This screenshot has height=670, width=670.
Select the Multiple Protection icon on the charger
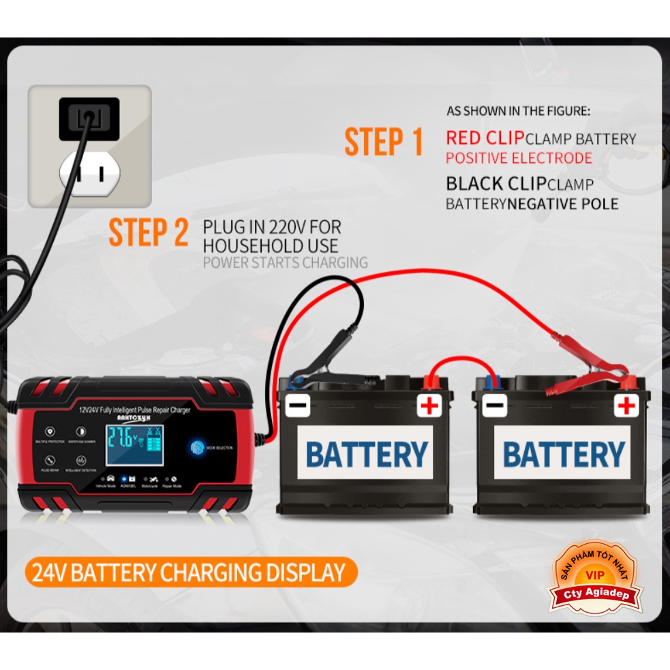[50, 432]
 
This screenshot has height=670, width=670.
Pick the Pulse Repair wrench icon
[50, 461]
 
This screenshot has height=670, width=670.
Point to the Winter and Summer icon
[81, 432]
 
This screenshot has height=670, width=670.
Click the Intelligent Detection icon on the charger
[81, 461]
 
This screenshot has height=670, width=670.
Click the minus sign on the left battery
[298, 406]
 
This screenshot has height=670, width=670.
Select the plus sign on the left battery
[429, 407]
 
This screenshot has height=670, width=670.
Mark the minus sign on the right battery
[494, 406]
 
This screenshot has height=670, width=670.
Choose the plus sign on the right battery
[625, 406]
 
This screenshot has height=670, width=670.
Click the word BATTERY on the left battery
[367, 454]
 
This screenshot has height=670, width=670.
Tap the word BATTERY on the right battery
[564, 454]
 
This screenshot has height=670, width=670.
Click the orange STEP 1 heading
[384, 142]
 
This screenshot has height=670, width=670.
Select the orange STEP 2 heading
[149, 232]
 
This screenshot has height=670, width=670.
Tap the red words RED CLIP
[485, 138]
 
